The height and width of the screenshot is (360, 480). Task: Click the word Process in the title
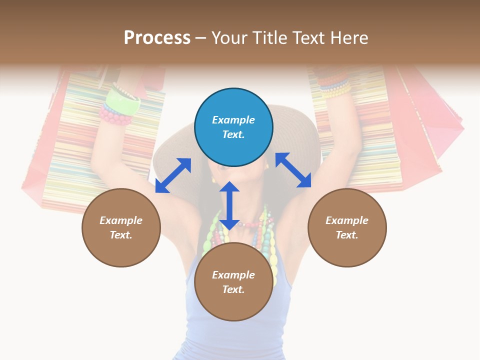click(x=157, y=38)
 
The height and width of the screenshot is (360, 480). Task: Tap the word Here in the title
click(x=348, y=38)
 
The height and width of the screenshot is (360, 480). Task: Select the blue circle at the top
click(x=233, y=127)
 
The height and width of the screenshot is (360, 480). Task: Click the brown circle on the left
click(x=121, y=227)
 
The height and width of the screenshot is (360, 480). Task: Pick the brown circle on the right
click(x=347, y=227)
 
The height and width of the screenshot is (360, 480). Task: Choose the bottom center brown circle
click(x=233, y=282)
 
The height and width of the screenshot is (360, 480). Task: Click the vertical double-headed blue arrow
click(x=229, y=205)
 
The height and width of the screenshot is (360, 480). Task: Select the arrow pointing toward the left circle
click(x=173, y=175)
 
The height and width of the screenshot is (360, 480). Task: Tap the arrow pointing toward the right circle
click(x=293, y=170)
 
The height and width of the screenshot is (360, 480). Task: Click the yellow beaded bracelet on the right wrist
click(x=336, y=90)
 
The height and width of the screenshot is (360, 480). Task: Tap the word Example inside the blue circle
click(x=233, y=120)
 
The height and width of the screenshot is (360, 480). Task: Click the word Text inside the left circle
click(x=121, y=235)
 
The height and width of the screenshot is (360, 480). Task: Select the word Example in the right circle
click(x=347, y=220)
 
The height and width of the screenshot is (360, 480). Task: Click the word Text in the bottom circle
click(x=233, y=289)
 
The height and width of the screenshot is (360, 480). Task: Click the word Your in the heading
click(x=229, y=38)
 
